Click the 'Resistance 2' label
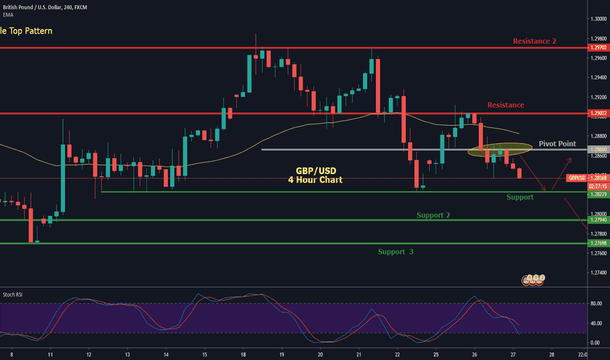[x=534, y=41]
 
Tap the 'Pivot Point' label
[x=557, y=143]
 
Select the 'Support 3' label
[x=395, y=251]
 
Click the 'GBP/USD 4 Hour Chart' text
[x=315, y=174]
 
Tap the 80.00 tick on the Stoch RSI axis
[x=596, y=304]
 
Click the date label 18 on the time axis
[x=243, y=353]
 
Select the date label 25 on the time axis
[x=435, y=353]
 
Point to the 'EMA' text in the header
[x=7, y=14]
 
